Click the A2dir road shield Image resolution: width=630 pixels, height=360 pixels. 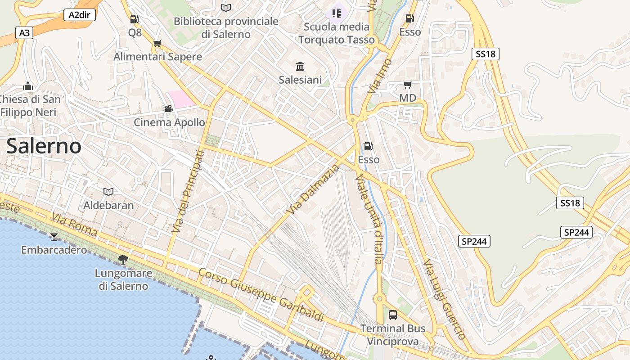pos(80,15)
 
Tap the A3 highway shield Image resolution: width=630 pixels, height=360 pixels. pos(25,33)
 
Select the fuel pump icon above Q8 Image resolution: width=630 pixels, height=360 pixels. pos(134,19)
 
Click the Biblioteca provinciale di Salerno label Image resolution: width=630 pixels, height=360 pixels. pos(226,27)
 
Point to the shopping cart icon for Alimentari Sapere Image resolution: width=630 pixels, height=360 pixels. pos(157,43)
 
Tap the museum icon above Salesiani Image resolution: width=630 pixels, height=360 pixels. pos(300,67)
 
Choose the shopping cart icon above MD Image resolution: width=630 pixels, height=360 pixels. pos(408,85)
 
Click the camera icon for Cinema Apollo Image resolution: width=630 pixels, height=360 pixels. pos(169,108)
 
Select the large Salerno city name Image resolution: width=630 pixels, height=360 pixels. pos(44,146)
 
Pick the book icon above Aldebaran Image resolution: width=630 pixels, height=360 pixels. pos(108,192)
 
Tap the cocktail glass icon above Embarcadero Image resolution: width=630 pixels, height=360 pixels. pos(54,236)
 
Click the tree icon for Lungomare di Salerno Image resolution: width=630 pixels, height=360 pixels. pos(123,259)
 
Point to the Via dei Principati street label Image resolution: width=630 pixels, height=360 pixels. pos(188,192)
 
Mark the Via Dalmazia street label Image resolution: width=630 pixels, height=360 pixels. pos(313,189)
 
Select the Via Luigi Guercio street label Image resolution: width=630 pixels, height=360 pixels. pos(444,299)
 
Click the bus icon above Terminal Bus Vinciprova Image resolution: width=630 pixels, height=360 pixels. pos(393,315)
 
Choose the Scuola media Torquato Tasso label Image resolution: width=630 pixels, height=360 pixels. pos(337,33)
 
